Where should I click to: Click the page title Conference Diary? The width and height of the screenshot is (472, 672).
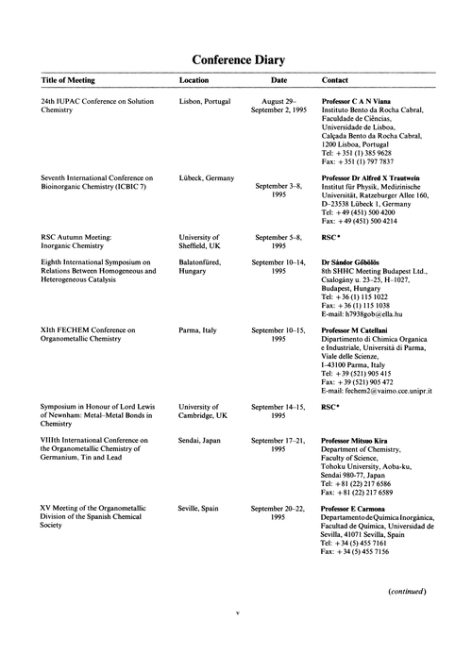235,60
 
